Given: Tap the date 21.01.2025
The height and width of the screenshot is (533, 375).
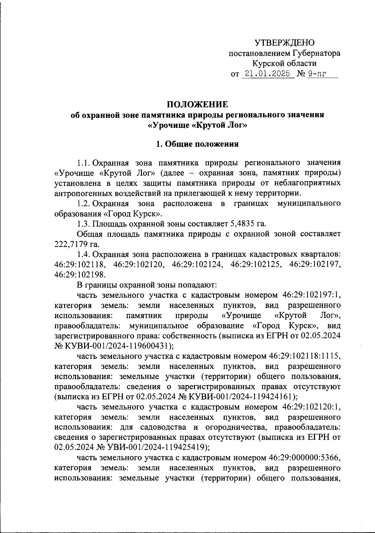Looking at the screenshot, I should click(x=268, y=74).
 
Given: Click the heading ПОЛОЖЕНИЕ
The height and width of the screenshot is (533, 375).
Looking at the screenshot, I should click(x=197, y=104).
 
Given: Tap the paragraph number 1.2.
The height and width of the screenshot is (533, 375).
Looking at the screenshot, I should click(x=84, y=204).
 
